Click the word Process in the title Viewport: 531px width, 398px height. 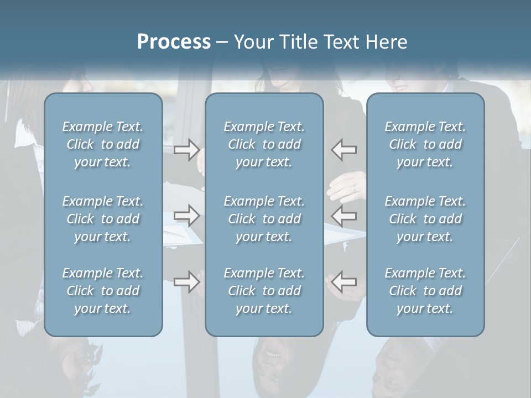174,42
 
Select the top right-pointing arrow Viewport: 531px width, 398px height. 187,149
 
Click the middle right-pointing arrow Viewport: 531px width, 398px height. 187,215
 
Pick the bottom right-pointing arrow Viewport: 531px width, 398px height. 187,282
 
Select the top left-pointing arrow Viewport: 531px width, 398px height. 343,149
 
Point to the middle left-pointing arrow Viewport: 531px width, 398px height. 343,215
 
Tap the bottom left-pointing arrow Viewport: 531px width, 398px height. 343,282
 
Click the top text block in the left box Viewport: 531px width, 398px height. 103,144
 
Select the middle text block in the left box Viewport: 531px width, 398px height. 103,219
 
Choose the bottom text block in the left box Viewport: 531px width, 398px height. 103,291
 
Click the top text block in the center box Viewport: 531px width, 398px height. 264,144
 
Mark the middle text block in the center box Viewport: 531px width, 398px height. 264,219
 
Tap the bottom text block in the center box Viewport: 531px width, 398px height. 264,291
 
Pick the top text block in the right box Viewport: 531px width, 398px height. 425,144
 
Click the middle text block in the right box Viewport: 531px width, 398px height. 425,219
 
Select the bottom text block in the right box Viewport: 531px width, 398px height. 425,291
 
